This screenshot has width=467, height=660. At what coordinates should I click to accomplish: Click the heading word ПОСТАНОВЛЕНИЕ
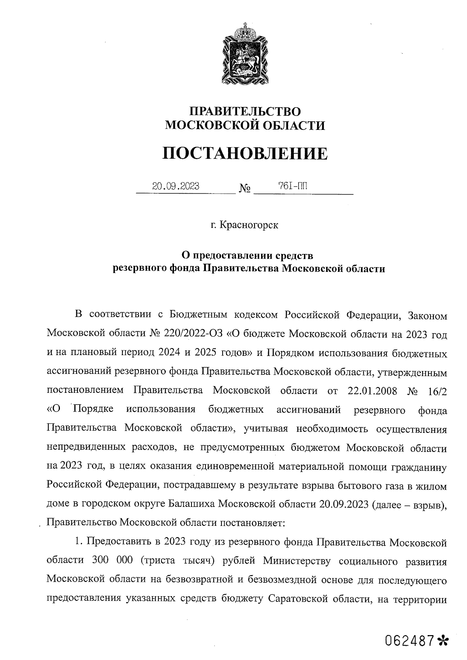tap(245, 153)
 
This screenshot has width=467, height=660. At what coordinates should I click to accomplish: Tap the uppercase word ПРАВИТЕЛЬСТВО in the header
tap(245, 111)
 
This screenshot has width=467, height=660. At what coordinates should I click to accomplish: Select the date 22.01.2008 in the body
tap(372, 390)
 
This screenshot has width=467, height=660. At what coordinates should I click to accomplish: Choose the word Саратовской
tap(300, 599)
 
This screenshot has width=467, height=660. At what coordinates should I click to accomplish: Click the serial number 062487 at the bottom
tap(409, 639)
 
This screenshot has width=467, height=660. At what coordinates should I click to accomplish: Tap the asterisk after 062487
tap(442, 639)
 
